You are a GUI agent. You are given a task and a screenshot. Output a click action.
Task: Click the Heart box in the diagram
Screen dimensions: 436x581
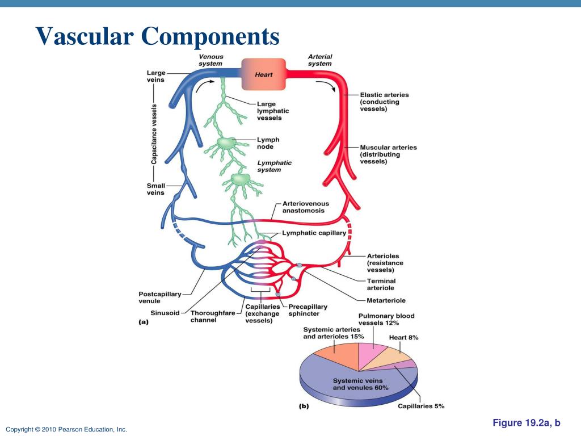[x=263, y=74]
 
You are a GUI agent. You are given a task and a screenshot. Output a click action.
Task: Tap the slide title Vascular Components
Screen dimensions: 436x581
[x=158, y=37]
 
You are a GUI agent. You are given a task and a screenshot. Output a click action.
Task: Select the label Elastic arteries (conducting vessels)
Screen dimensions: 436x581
[x=384, y=102]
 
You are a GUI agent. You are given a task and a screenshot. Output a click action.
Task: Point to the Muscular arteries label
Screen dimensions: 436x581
[x=388, y=154]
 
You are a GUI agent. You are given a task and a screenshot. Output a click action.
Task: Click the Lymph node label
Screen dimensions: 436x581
[x=268, y=144]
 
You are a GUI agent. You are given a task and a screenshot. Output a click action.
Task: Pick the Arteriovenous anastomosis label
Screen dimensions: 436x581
[x=305, y=207]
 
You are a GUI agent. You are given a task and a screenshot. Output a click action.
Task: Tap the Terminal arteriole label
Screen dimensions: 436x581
[x=381, y=284]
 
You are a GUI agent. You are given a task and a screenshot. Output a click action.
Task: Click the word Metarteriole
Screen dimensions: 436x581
[x=386, y=300]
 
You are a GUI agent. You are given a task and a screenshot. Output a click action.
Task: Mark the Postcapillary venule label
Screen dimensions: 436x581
[x=159, y=297]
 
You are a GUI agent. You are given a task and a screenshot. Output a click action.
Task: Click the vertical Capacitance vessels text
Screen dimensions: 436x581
[x=154, y=134]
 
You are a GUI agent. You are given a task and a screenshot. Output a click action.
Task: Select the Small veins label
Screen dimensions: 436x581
[x=155, y=189]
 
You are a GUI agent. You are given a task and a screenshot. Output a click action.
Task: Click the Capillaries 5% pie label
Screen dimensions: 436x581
[x=420, y=406]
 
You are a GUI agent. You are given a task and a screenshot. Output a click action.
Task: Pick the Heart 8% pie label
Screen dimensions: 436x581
[x=403, y=337]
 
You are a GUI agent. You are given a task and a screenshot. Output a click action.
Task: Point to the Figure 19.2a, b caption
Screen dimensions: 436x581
[x=526, y=423]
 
